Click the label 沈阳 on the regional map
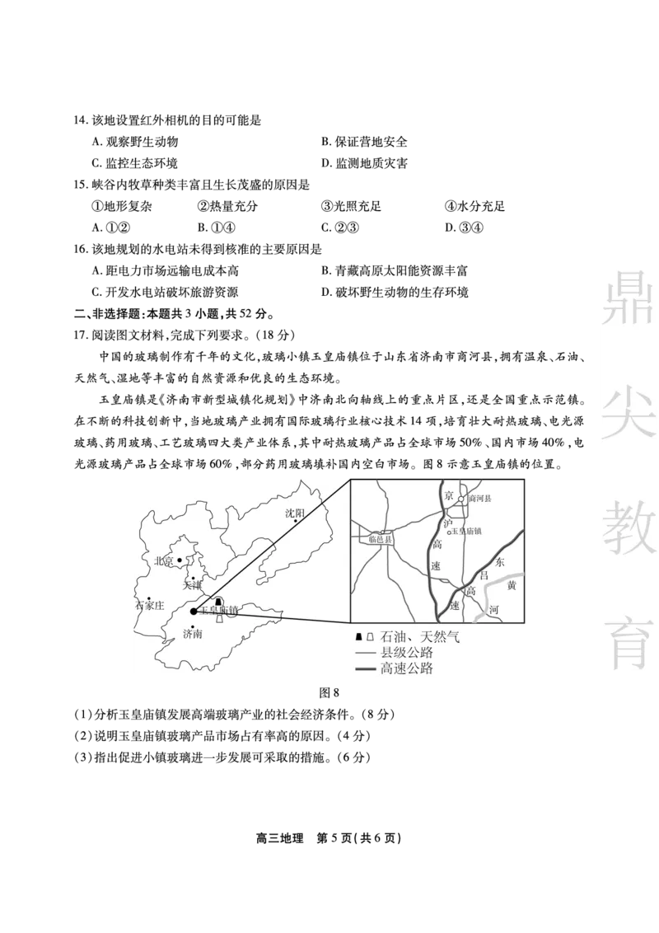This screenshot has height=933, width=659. pyautogui.click(x=295, y=513)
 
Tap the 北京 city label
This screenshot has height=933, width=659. pyautogui.click(x=164, y=561)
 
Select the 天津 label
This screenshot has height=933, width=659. pyautogui.click(x=191, y=584)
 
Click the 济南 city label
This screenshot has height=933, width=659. pyautogui.click(x=192, y=634)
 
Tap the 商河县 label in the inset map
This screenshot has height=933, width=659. pyautogui.click(x=479, y=499)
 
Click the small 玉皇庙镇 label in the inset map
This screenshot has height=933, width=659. pyautogui.click(x=465, y=532)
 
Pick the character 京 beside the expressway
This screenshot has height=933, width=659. pyautogui.click(x=448, y=496)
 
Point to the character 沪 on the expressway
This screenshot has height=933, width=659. pyautogui.click(x=447, y=523)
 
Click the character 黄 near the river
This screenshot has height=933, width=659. pyautogui.click(x=512, y=585)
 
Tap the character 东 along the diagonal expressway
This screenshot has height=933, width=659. pyautogui.click(x=500, y=560)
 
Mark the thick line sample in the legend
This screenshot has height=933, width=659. pyautogui.click(x=365, y=670)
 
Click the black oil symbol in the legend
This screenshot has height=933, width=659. pyautogui.click(x=358, y=637)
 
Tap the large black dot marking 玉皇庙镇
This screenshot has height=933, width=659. pyautogui.click(x=194, y=612)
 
